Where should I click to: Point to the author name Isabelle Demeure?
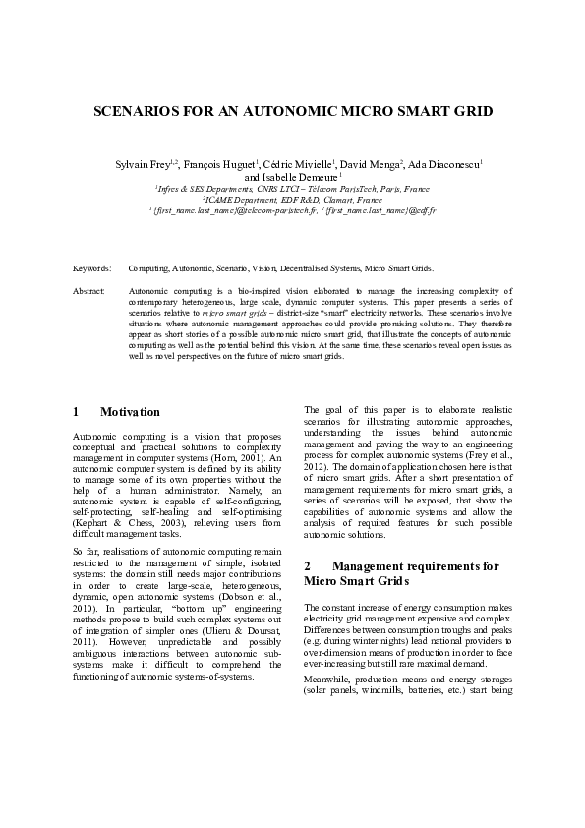click(x=294, y=178)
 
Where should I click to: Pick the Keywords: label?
click(x=92, y=267)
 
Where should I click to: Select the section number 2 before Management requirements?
click(x=308, y=566)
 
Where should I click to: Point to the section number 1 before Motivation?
click(x=77, y=412)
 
